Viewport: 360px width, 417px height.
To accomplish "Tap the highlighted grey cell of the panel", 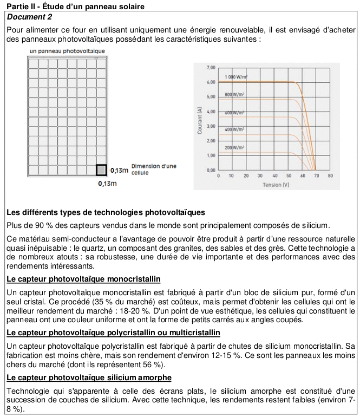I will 101,170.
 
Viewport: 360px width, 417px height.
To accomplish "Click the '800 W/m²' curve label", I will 235,94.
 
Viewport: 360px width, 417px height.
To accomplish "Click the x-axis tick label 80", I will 330,177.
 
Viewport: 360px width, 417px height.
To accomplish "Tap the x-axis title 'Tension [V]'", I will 276,185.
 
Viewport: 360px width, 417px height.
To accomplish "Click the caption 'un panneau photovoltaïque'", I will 67,51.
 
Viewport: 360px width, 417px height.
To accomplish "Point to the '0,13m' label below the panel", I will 108,184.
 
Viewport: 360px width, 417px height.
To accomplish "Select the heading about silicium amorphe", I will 89,377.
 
